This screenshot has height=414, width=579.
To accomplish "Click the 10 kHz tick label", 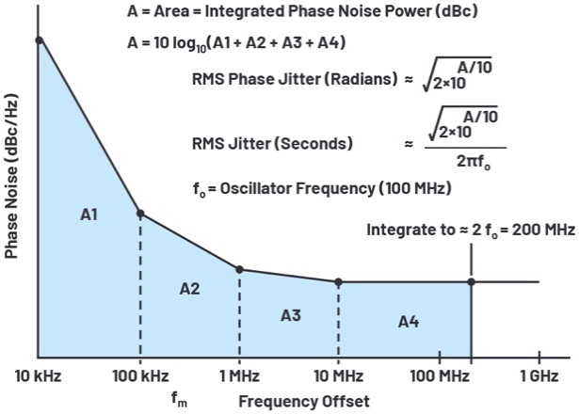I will point(37,379).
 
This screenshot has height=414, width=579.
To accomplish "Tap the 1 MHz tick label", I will point(239,379).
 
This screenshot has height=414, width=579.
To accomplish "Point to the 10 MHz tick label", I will point(337,379).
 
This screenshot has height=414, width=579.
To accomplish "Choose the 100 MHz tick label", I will point(439,379).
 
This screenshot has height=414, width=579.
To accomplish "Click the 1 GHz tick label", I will point(539,379).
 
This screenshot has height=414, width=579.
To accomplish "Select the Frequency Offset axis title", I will point(297,400).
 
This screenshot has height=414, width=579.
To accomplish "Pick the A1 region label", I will point(89,215).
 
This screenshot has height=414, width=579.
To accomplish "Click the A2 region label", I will point(189,288).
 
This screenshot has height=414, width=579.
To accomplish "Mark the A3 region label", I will point(290,314).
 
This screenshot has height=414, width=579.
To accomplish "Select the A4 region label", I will point(408,322).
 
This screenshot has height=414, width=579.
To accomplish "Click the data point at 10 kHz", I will point(39,40).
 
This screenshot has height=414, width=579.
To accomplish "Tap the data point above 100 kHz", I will point(140,214).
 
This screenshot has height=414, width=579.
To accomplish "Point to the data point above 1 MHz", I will point(239,269).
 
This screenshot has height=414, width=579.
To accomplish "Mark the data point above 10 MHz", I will point(338,281).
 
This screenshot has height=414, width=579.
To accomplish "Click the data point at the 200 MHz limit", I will point(472,281).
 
